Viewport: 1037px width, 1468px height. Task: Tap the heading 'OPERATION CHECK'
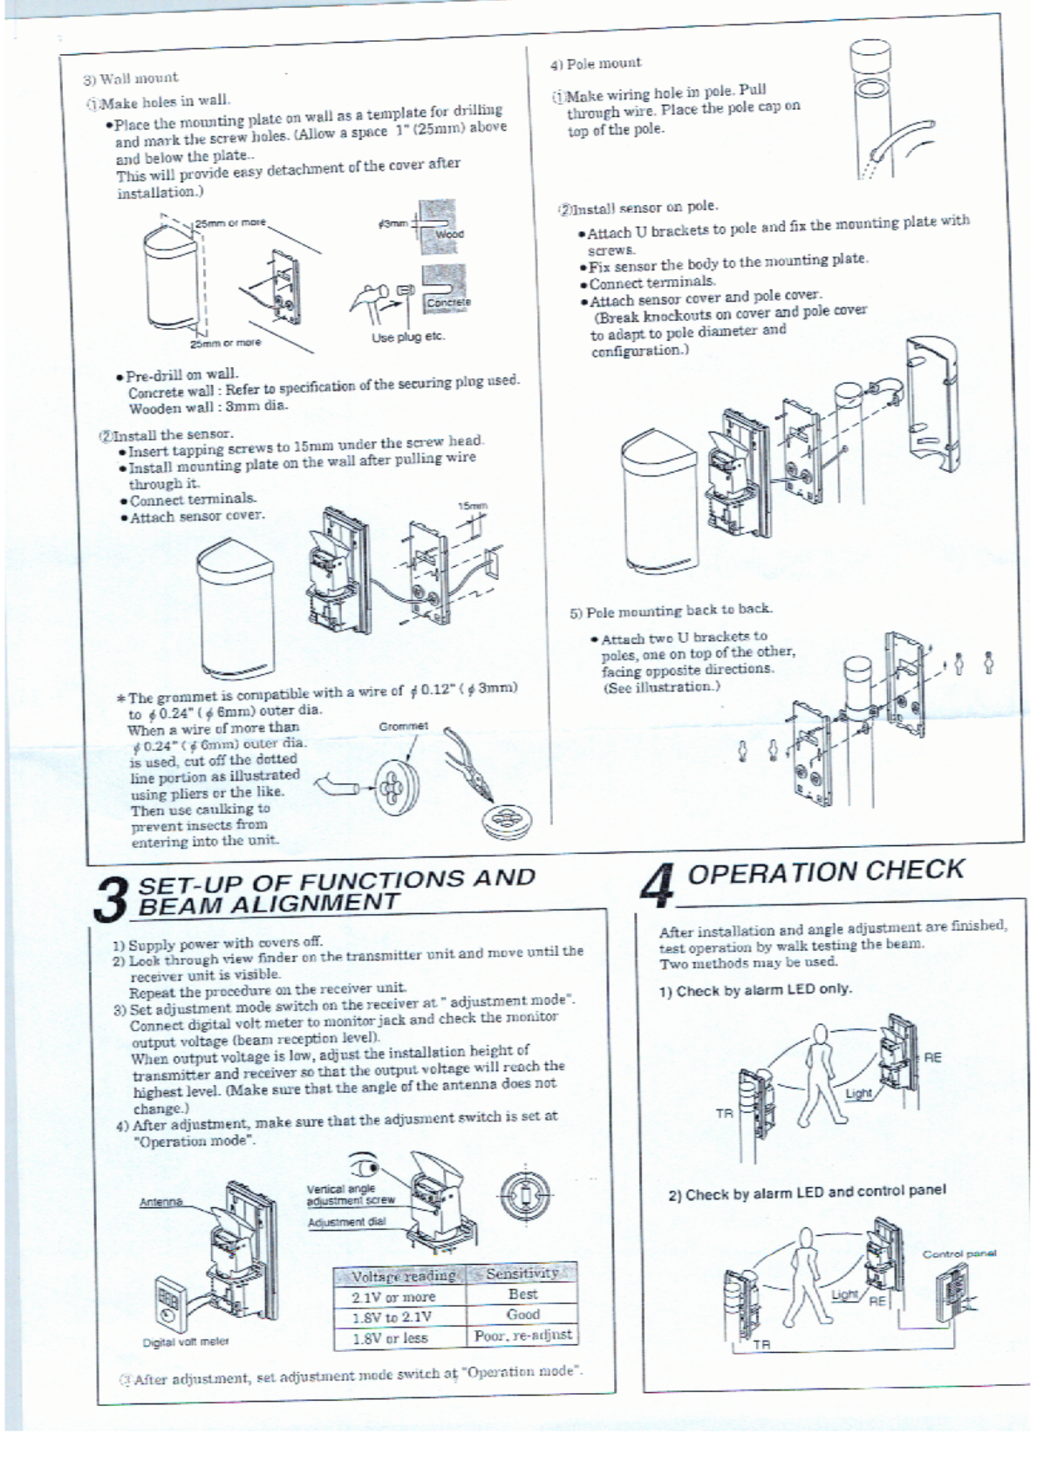[825, 871]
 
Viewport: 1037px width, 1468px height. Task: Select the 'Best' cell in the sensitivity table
[522, 1294]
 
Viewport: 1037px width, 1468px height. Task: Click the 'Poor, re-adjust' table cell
[523, 1335]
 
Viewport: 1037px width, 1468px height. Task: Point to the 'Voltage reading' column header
[402, 1276]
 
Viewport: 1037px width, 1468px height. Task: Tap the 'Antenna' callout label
[161, 1202]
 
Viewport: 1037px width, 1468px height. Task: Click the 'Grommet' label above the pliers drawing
[404, 726]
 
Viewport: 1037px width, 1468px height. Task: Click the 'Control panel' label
[959, 1253]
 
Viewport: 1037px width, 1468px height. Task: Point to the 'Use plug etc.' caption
[408, 337]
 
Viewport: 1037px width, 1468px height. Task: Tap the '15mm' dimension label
[474, 506]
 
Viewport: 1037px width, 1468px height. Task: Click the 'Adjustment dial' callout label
[347, 1222]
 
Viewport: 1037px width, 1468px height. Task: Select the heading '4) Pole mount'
[595, 64]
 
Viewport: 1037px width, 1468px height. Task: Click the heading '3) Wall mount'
[130, 79]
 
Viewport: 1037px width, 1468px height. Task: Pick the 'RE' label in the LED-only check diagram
[933, 1058]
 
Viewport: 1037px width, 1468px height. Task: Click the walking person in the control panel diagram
[803, 1274]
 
